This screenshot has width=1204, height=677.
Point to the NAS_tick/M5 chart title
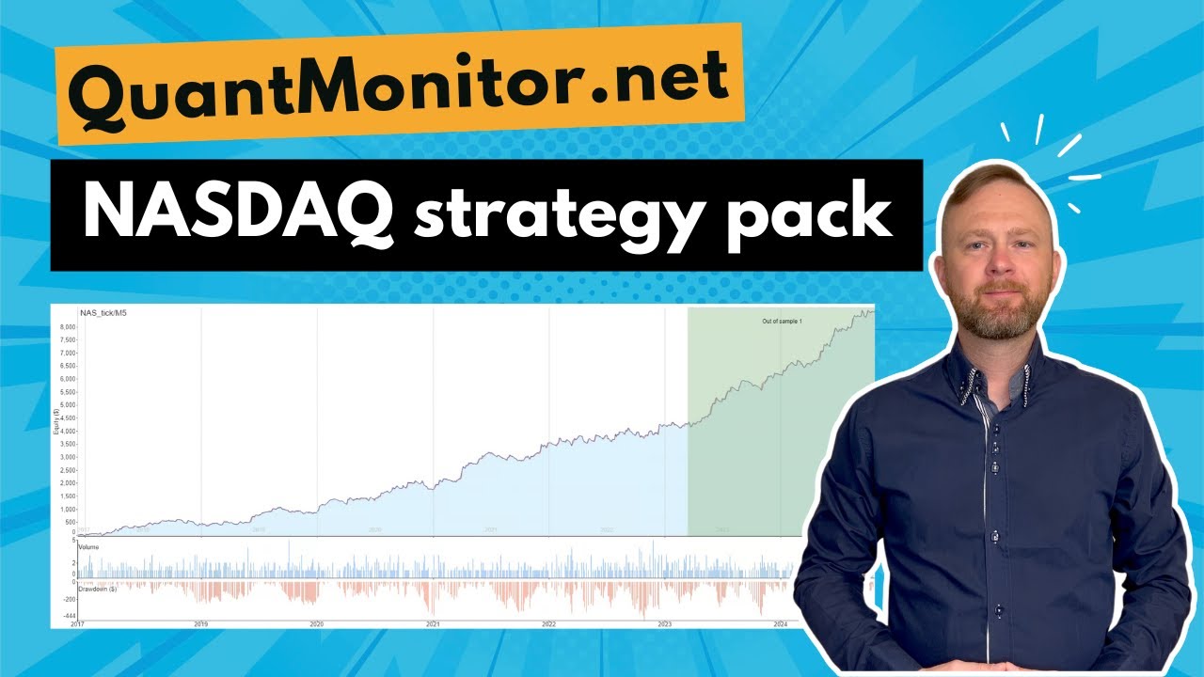(103, 312)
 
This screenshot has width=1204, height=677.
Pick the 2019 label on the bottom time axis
(200, 623)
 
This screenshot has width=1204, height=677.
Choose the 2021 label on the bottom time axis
(433, 623)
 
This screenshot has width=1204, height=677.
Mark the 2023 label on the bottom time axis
(664, 623)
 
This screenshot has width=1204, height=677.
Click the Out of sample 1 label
(780, 322)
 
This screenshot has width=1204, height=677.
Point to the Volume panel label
(90, 546)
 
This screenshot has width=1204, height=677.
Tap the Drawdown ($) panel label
(99, 590)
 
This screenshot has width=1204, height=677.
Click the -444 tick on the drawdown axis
(69, 616)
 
